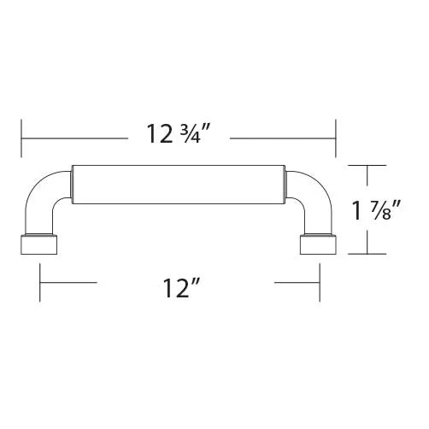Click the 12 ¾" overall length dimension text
(179, 134)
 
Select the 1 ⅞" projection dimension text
(377, 210)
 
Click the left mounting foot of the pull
(39, 244)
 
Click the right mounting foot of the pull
(318, 244)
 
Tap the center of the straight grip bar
(178, 185)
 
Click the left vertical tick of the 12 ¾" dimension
(21, 138)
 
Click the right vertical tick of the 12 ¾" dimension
(336, 138)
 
